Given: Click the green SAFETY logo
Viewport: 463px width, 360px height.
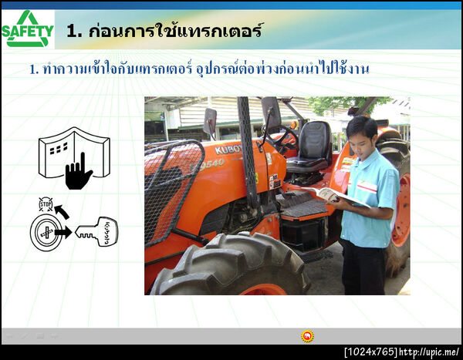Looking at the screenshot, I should click(28, 29).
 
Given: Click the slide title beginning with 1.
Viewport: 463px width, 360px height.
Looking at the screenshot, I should click(164, 32).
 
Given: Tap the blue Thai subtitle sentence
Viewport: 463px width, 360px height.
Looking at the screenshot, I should click(199, 69).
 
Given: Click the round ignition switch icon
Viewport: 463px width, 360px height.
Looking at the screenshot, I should click(46, 232).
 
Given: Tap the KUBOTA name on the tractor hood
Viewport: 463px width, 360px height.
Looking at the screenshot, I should click(228, 148).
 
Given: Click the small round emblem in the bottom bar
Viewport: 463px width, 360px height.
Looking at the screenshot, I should click(307, 336).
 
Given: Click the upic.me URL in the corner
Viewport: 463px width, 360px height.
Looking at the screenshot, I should click(430, 352).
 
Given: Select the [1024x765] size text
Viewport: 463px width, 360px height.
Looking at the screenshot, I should click(370, 352).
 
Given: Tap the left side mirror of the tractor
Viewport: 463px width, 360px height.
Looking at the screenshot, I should click(210, 121).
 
